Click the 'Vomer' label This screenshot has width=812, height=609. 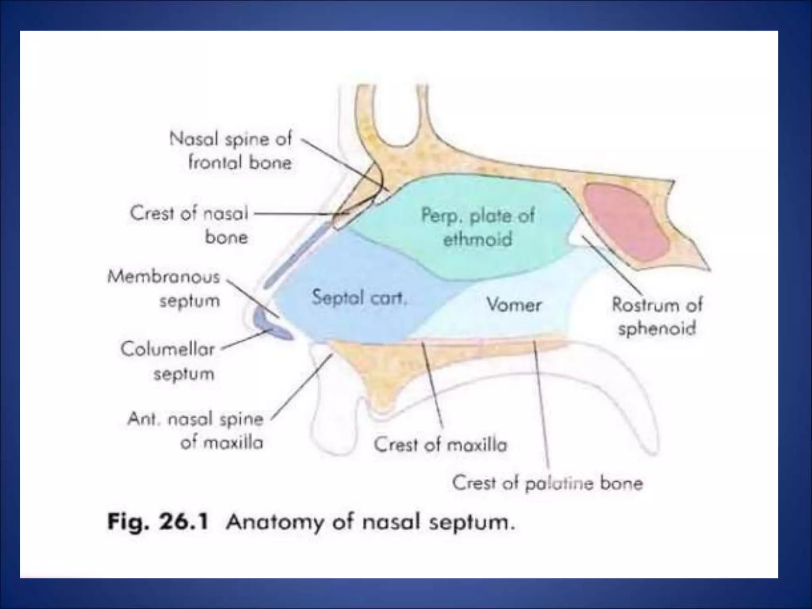coord(513,305)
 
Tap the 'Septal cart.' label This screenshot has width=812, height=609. coord(359,297)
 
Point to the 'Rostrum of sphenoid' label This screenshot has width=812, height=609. coord(657,316)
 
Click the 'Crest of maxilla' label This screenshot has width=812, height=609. coord(440,445)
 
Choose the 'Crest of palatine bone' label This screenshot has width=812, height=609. coord(547,483)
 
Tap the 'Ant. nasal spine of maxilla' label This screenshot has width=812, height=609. coord(195,431)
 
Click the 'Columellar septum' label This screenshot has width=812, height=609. coord(168,361)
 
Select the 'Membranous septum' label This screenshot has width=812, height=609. coord(163,288)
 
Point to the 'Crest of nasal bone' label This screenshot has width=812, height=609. coord(189,225)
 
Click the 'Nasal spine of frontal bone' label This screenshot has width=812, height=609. coord(231,151)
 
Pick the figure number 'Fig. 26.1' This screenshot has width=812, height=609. coord(157,522)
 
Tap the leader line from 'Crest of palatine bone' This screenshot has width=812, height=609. coord(541,404)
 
